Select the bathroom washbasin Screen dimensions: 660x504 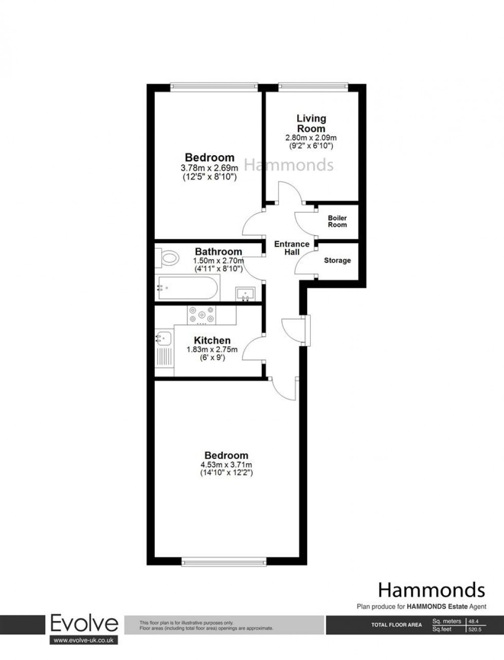click(x=246, y=294)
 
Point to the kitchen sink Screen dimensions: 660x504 click(x=161, y=339)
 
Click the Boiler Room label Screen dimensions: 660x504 click(x=337, y=221)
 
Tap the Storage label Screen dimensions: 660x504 click(x=337, y=261)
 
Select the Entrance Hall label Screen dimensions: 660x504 click(x=292, y=248)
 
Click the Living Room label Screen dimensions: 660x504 click(x=311, y=124)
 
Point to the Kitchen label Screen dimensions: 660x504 click(x=212, y=340)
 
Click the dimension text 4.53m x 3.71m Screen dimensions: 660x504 click(x=226, y=465)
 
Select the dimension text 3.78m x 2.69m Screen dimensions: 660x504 click(x=209, y=168)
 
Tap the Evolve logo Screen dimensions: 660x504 click(x=84, y=624)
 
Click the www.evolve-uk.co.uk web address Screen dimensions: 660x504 click(x=84, y=640)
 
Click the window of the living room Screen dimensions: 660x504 click(x=313, y=85)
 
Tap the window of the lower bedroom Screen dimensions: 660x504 click(x=224, y=563)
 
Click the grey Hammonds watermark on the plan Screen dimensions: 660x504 click(x=288, y=165)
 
